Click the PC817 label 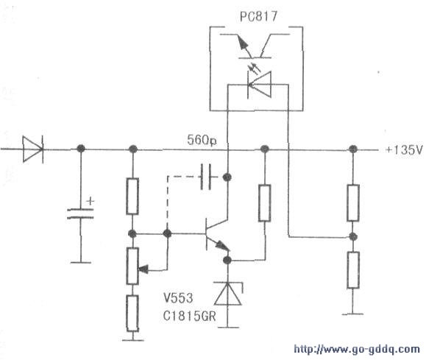click(258, 16)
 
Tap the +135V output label click(405, 150)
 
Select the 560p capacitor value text click(202, 140)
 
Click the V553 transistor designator click(178, 297)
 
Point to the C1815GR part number click(189, 316)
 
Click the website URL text click(357, 349)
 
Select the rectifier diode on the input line click(33, 149)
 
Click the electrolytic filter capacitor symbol click(80, 213)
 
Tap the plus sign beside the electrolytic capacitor click(90, 201)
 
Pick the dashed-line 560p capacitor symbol click(206, 177)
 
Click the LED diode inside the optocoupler click(259, 85)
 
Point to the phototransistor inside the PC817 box click(255, 46)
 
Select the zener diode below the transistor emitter click(227, 294)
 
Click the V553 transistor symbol click(216, 234)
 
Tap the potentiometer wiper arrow click(143, 269)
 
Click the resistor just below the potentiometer click(132, 313)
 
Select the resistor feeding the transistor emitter click(264, 203)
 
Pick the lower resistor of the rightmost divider click(353, 270)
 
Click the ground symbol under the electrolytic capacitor click(80, 262)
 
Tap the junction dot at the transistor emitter click(227, 260)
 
